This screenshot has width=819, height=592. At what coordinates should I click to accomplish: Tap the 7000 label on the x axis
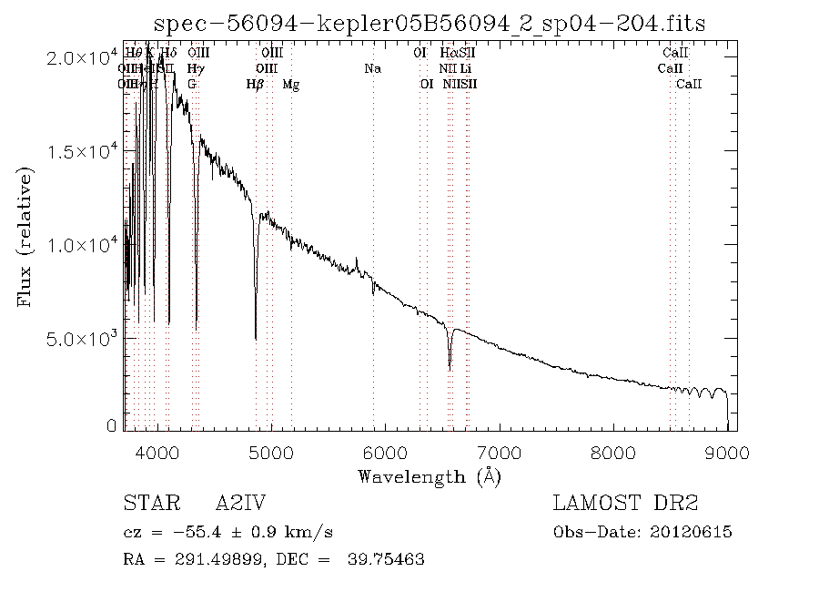(x=500, y=451)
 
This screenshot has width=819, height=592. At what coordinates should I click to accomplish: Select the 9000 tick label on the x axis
(x=726, y=451)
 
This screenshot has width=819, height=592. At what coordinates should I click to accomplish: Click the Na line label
(x=372, y=68)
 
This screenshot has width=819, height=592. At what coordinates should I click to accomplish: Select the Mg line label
(x=291, y=85)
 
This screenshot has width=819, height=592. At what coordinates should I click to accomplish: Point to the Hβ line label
(x=255, y=85)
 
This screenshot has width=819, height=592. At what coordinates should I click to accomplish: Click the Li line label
(x=465, y=68)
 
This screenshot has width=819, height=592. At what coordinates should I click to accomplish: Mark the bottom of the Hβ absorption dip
(x=256, y=338)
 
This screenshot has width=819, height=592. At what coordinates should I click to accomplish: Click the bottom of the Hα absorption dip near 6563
(x=450, y=368)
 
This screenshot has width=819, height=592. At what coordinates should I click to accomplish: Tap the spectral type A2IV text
(x=240, y=504)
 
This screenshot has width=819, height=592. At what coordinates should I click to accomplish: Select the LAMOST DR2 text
(x=625, y=504)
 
